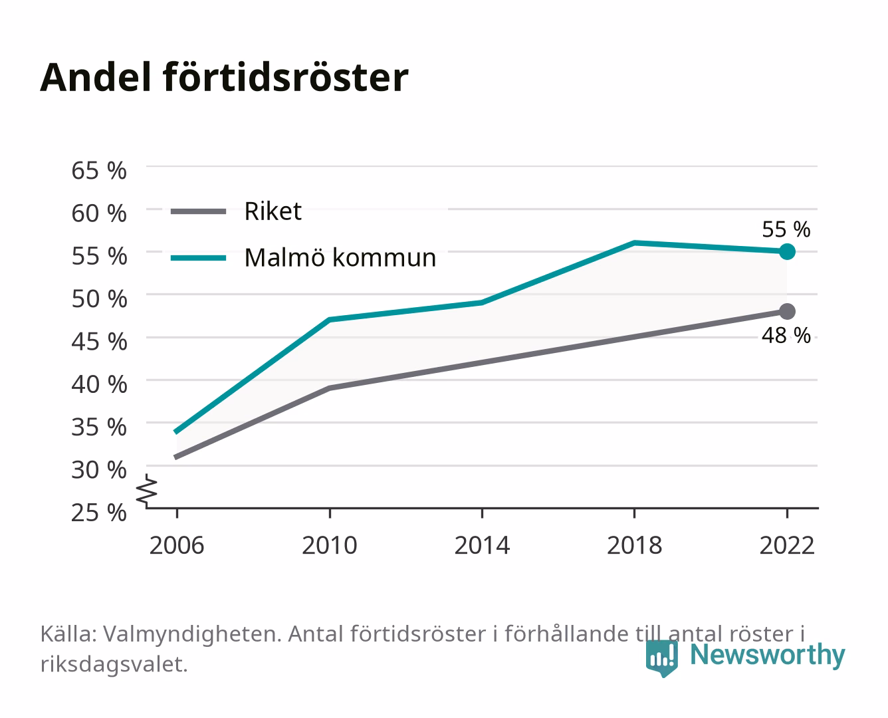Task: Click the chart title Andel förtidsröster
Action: (x=224, y=77)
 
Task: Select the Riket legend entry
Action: (x=237, y=211)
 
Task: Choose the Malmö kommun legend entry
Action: (x=304, y=258)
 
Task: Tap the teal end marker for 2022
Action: (x=787, y=251)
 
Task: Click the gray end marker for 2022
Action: (x=787, y=311)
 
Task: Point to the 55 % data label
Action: (x=786, y=229)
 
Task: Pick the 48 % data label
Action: (x=786, y=335)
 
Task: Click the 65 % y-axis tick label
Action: (x=99, y=171)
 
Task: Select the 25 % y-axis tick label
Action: (x=99, y=513)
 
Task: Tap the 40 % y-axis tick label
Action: (x=99, y=384)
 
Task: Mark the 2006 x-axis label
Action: (x=177, y=545)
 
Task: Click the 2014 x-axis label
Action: (x=482, y=545)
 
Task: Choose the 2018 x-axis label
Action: (x=635, y=545)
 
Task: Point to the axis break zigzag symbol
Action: (x=147, y=491)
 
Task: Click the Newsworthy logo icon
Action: (x=661, y=658)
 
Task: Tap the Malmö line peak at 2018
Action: (x=635, y=243)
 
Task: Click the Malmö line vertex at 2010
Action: (x=330, y=320)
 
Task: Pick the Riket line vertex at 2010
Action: (x=330, y=388)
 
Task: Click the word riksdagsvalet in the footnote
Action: (x=114, y=664)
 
